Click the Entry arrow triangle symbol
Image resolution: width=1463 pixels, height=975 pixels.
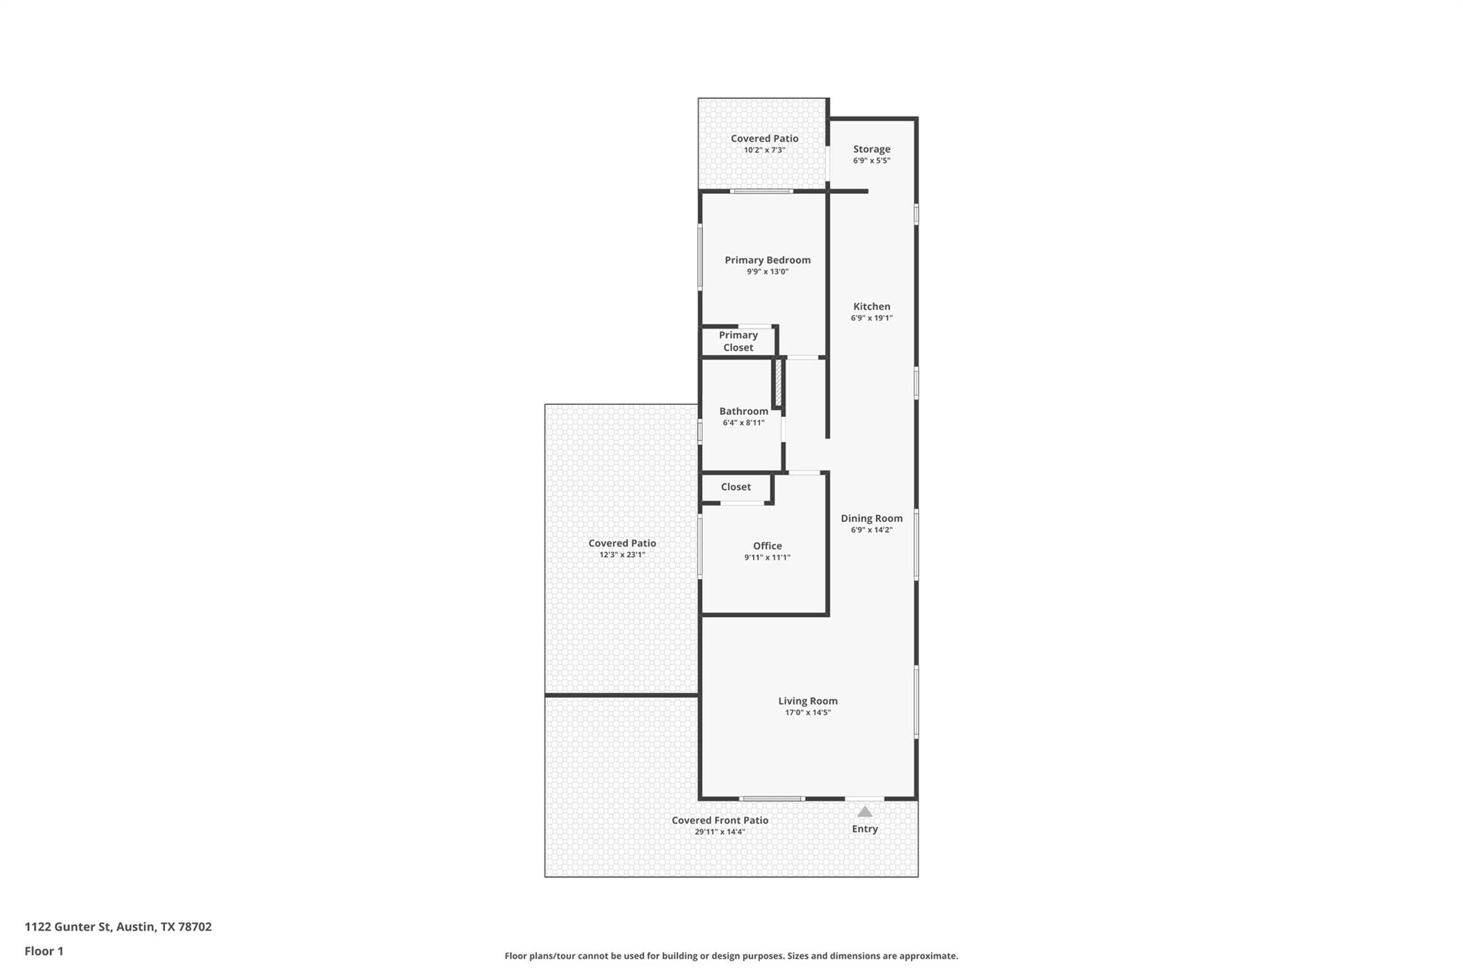click(864, 811)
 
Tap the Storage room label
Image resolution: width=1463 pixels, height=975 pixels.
click(872, 149)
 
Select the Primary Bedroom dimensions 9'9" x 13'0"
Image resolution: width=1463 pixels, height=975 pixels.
click(767, 272)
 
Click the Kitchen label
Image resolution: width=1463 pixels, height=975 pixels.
click(872, 306)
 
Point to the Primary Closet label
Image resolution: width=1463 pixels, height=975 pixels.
click(738, 341)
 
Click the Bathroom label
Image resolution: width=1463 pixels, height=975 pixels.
click(744, 411)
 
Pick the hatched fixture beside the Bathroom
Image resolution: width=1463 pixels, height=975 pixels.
click(778, 384)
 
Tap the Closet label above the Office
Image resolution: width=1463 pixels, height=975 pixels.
click(736, 487)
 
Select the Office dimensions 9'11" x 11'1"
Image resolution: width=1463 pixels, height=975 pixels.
click(767, 558)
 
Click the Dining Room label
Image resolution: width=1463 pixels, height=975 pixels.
click(872, 519)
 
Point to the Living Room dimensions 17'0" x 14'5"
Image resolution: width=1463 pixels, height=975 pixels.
click(808, 713)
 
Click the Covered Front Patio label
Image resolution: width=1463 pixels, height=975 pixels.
click(720, 821)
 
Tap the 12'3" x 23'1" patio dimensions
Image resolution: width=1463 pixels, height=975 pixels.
click(622, 555)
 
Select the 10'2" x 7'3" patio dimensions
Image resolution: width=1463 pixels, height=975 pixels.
click(764, 150)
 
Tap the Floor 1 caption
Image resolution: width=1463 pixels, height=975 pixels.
click(44, 951)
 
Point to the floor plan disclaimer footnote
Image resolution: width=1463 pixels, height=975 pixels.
click(731, 956)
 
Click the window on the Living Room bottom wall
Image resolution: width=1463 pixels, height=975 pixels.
click(772, 799)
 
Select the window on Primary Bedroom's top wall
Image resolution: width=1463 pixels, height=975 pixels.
click(762, 191)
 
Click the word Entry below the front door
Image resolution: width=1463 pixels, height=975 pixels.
click(864, 829)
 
